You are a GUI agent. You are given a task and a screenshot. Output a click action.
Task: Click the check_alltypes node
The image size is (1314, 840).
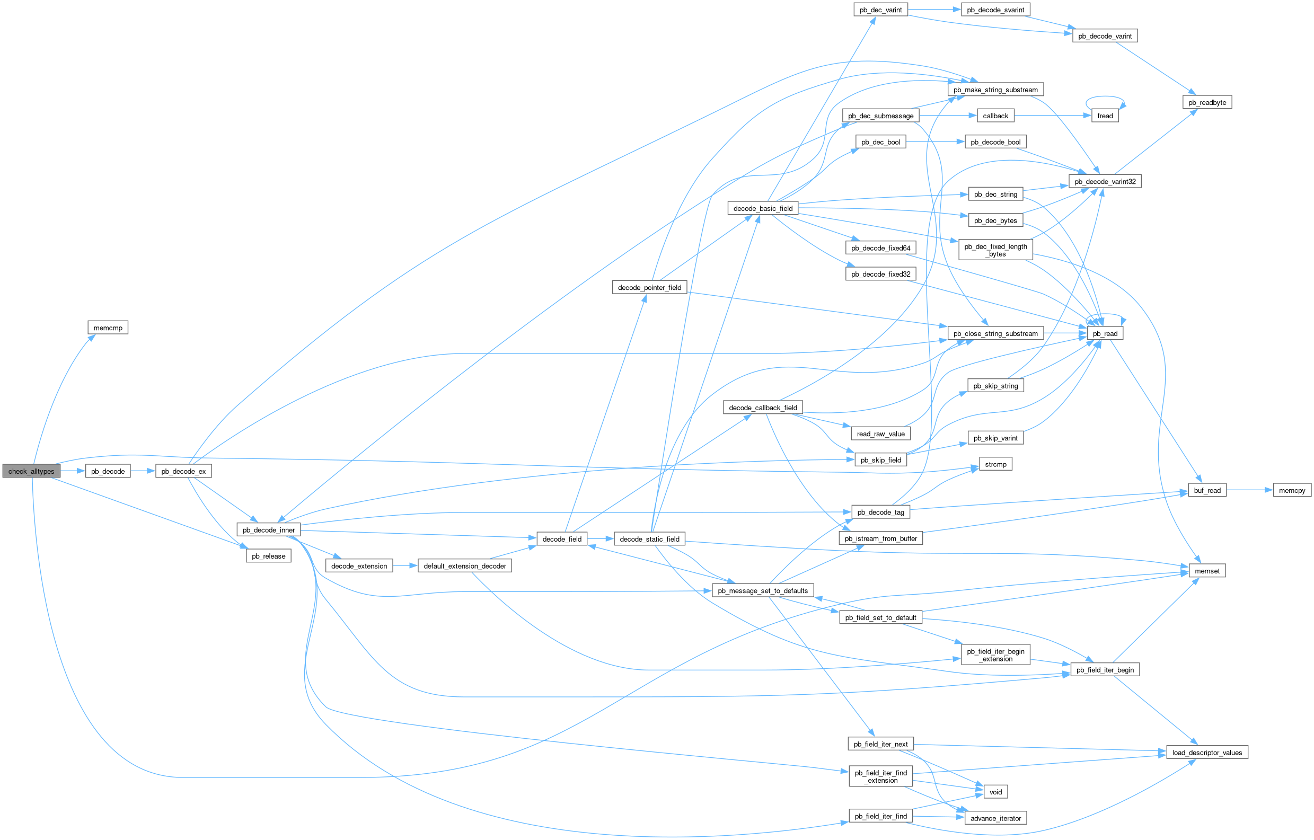(x=31, y=471)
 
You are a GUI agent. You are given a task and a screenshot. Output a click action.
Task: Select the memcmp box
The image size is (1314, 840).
(x=108, y=328)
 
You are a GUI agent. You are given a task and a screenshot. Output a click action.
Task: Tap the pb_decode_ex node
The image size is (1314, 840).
(x=183, y=471)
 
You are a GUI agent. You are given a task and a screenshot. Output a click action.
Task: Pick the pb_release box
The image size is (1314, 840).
(x=269, y=556)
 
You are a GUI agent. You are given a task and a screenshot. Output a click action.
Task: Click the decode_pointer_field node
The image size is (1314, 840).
(x=649, y=287)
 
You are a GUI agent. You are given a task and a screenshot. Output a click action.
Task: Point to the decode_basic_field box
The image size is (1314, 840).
(x=763, y=208)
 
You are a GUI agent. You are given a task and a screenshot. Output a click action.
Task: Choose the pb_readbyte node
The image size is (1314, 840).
(x=1207, y=102)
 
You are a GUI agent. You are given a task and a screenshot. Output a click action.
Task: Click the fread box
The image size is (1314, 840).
(x=1105, y=116)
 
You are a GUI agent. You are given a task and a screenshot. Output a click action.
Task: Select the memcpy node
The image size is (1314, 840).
(x=1292, y=490)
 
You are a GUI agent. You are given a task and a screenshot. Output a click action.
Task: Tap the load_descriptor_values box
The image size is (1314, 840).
(x=1207, y=753)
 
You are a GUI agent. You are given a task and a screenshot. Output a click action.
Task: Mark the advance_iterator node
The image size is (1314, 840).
(x=995, y=818)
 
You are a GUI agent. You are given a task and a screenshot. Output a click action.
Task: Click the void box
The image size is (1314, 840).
(x=995, y=792)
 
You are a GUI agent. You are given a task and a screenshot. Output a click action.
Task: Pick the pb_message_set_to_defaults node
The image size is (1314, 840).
(x=762, y=591)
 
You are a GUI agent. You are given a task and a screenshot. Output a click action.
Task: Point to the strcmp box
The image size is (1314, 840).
(x=995, y=464)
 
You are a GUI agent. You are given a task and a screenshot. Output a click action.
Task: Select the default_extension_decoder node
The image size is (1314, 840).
(x=465, y=566)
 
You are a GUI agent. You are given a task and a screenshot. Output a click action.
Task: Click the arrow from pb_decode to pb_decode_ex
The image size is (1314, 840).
(x=143, y=471)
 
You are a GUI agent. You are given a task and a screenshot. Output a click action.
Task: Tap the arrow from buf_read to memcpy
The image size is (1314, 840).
(x=1250, y=490)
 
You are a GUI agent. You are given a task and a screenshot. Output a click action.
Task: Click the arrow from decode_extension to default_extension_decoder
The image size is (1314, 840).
(x=405, y=566)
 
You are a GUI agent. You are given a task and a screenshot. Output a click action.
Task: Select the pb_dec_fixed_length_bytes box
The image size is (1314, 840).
(x=995, y=250)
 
